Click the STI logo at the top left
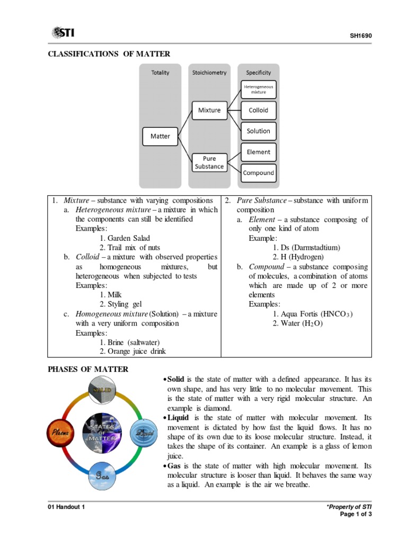pos(63,33)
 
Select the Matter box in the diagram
pos(160,136)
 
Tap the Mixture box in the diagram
pos(209,110)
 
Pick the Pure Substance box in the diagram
pos(209,162)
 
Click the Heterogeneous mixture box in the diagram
pos(258,89)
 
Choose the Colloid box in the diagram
pos(258,110)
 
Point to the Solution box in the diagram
pos(258,131)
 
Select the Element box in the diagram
pos(258,152)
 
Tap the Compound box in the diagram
pos(258,172)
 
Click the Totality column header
pos(160,72)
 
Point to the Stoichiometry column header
pos(209,72)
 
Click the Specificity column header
pos(258,72)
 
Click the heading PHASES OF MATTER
pos(88,369)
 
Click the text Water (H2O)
pos(297,323)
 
